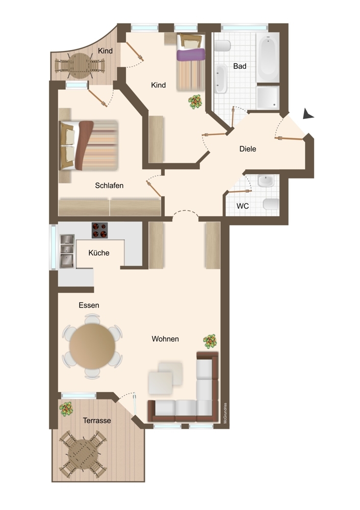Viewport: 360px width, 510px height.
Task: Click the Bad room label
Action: click(x=240, y=66)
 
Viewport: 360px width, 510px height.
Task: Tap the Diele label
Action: click(x=248, y=149)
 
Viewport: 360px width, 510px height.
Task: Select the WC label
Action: click(x=243, y=206)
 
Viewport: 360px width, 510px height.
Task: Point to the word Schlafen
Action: click(x=109, y=186)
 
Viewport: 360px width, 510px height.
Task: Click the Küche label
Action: click(x=99, y=253)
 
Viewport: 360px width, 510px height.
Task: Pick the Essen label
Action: click(x=89, y=305)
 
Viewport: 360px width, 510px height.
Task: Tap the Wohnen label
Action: click(x=165, y=339)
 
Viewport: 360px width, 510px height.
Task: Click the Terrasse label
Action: click(x=97, y=421)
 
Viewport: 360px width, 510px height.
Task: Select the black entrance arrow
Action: click(x=307, y=114)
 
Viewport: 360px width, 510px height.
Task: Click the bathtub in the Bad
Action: click(x=268, y=58)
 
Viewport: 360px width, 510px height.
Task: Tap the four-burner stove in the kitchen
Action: click(x=99, y=231)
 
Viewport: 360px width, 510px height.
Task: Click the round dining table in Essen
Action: click(x=92, y=346)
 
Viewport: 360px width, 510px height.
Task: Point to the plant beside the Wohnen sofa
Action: click(x=210, y=341)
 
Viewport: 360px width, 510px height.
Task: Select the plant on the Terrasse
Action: click(x=66, y=409)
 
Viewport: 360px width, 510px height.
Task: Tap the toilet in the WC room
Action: click(x=271, y=205)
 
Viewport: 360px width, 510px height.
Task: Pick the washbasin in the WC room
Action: click(x=266, y=181)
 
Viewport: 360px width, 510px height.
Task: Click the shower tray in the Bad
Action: click(x=268, y=97)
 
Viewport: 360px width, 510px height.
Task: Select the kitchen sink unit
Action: click(x=67, y=251)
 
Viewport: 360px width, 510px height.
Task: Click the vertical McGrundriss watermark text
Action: click(x=225, y=413)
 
